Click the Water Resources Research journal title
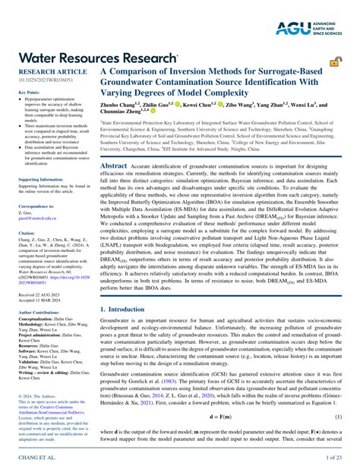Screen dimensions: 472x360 91,56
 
